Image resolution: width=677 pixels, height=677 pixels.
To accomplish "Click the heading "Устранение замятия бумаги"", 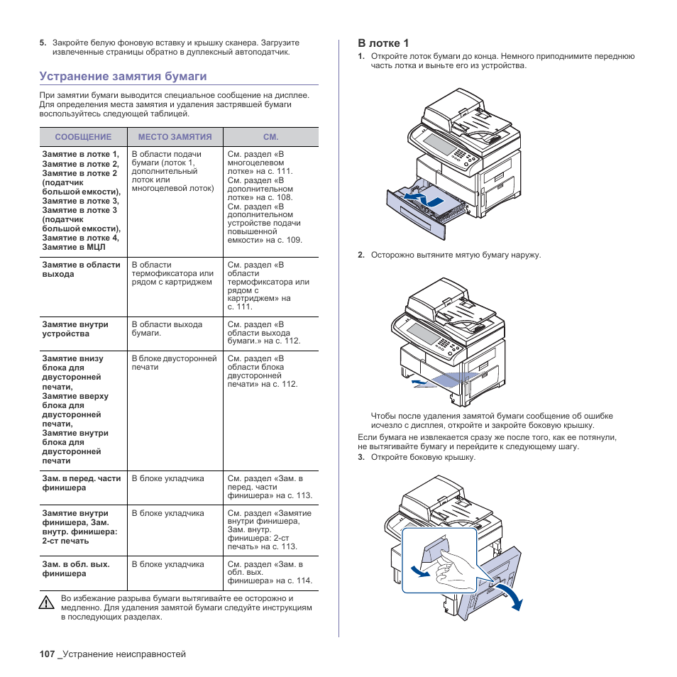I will (123, 76).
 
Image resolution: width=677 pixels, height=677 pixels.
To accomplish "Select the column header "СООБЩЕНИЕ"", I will (83, 137).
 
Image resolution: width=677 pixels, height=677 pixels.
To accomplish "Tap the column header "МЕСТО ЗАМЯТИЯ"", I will (175, 137).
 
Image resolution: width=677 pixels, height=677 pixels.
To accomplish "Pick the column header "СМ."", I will (270, 137).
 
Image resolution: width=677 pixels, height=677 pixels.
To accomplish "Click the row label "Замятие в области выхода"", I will (81, 270).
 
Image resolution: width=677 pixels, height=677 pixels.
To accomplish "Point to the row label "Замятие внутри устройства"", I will (75, 329).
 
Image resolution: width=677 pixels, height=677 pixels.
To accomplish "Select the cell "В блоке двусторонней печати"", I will (174, 363).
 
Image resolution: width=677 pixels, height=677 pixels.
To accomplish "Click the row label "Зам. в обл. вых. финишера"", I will (76, 569).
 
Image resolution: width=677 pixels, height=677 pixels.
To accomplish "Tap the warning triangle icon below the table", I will (47, 603).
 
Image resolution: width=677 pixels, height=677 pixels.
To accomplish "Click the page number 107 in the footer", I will (47, 654).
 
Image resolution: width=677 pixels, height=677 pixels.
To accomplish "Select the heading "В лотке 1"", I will (383, 43).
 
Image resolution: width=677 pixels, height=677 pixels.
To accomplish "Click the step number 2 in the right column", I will (360, 255).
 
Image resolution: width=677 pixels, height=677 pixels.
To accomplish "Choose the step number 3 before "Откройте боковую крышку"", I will (360, 457).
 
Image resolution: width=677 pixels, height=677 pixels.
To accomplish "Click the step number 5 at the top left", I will (43, 43).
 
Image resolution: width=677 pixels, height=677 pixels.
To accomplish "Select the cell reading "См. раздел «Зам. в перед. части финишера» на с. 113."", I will (270, 487).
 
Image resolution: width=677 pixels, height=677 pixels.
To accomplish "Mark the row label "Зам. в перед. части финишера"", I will (82, 483).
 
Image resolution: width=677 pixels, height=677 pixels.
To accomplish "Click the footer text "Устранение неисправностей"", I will (123, 654).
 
